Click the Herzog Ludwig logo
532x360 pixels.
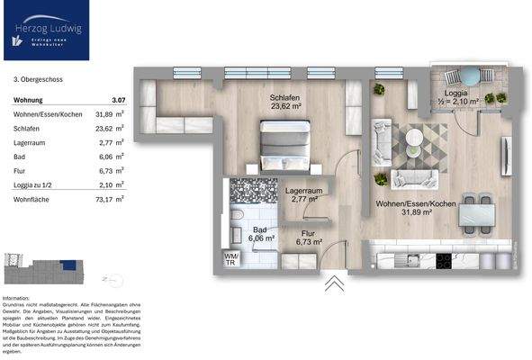coord(43,31)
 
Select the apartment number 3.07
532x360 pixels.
coord(117,98)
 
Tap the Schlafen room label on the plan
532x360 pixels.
coord(283,103)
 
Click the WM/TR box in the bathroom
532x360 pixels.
coord(230,260)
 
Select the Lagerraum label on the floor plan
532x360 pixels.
coord(303,194)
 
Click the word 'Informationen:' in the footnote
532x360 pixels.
coord(18,297)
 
